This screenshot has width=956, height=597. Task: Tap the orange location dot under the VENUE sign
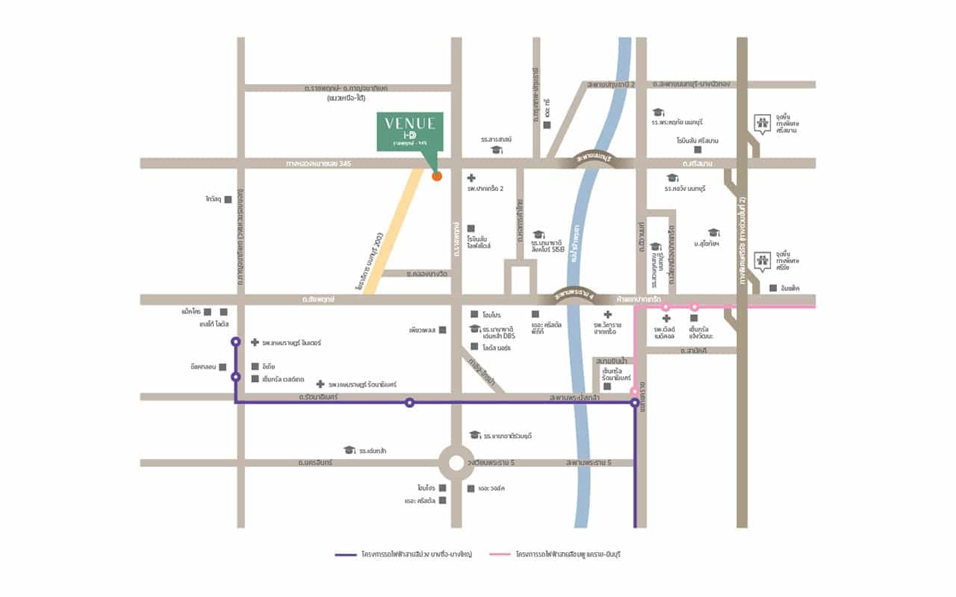(x=437, y=176)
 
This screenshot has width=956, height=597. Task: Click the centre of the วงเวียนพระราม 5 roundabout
(x=456, y=463)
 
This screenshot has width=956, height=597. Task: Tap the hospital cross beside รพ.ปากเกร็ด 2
(x=471, y=178)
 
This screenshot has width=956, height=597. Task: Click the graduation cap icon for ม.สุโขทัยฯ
(x=713, y=233)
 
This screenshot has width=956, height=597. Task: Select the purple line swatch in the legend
(x=346, y=554)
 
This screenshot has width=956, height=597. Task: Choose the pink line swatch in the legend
(x=500, y=554)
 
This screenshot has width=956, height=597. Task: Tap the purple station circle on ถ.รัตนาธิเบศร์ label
(x=409, y=402)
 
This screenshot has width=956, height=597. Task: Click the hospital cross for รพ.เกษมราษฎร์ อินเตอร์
(x=255, y=343)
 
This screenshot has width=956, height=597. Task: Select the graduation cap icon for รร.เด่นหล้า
(x=348, y=450)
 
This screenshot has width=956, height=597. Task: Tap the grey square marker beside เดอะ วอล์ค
(x=471, y=489)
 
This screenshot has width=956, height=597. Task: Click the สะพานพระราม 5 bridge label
(x=589, y=463)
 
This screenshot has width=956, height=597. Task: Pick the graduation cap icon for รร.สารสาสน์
(x=495, y=150)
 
